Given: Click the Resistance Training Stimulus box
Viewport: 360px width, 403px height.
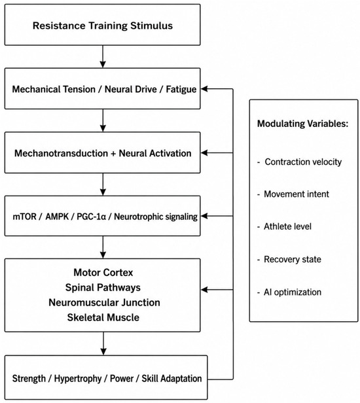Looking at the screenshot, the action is (102, 25).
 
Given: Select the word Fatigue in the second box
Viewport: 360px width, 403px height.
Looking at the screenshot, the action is (181, 90).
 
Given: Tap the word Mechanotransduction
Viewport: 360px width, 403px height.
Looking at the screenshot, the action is (61, 153).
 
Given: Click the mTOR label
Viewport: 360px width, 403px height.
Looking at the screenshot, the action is (24, 217).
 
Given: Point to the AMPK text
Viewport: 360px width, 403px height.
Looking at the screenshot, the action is (57, 217).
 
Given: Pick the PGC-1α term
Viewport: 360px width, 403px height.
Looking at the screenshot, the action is (91, 217).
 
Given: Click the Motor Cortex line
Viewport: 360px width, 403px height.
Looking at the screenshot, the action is (103, 272).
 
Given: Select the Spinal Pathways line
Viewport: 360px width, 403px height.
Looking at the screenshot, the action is (103, 288).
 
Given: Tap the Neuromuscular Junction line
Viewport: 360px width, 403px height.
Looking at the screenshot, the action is (104, 302).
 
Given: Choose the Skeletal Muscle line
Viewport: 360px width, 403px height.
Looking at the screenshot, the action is (103, 317).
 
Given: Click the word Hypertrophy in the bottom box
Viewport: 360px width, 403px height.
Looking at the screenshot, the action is (78, 379).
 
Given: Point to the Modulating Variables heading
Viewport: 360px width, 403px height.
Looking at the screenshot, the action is (302, 124).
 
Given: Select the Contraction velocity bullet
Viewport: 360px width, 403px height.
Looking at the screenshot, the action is (300, 162).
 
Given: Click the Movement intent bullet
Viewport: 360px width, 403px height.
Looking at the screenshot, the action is (293, 194).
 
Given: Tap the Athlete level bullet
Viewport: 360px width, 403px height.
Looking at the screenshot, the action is (284, 226).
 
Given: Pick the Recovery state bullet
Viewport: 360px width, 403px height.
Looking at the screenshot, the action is (289, 259).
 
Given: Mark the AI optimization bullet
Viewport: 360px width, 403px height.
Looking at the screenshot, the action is (289, 292).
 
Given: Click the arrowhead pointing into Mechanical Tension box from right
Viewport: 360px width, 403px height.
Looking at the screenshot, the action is (204, 89).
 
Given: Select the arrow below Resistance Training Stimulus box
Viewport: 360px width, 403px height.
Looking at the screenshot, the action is (103, 57).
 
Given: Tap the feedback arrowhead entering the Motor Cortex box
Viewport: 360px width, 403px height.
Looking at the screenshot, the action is (204, 290).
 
